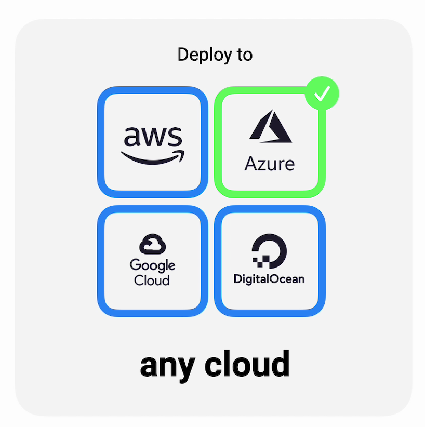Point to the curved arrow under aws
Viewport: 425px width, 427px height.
click(x=152, y=157)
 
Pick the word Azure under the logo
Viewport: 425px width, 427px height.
click(x=270, y=164)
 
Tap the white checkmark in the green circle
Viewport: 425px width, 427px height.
click(x=322, y=94)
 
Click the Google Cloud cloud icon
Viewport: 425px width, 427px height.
click(x=152, y=245)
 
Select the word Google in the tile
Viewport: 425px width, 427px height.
click(x=152, y=265)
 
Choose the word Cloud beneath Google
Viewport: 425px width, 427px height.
click(x=152, y=281)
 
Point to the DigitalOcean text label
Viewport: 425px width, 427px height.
click(x=269, y=279)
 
